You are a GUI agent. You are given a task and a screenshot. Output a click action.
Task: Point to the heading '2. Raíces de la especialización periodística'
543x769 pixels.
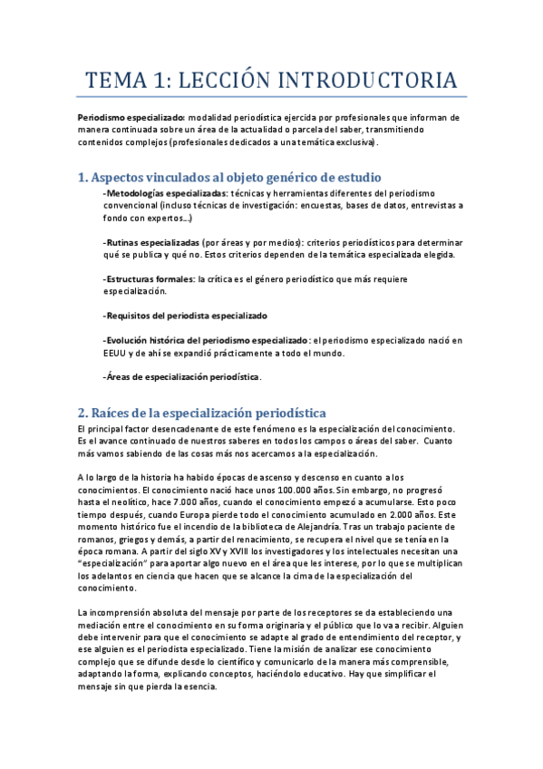click(x=202, y=412)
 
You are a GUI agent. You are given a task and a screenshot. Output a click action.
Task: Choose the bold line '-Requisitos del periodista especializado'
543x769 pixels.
click(x=185, y=316)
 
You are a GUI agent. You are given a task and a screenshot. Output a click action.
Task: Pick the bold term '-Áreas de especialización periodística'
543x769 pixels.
click(x=181, y=376)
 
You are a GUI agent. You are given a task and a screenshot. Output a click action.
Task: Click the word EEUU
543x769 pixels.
click(x=119, y=353)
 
